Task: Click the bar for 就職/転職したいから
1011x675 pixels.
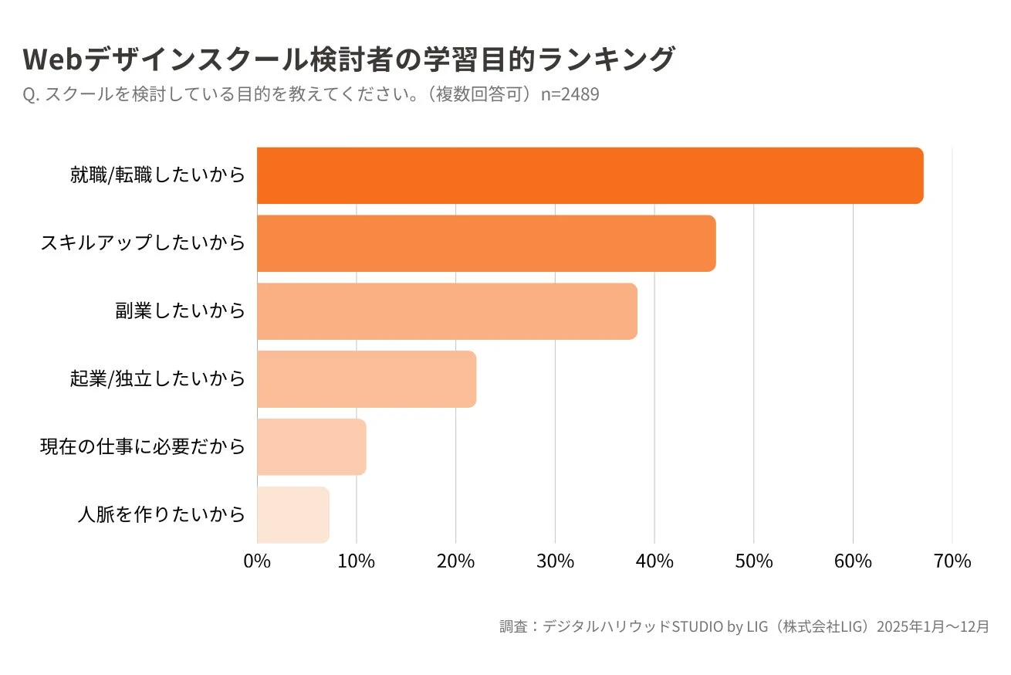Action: click(x=590, y=175)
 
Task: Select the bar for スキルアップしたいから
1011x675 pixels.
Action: click(x=486, y=243)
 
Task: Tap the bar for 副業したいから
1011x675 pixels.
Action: click(x=447, y=311)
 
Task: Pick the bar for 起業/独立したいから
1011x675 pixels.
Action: click(x=367, y=379)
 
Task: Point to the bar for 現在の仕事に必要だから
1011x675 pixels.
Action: click(x=311, y=447)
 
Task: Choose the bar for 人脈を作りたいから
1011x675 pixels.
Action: click(x=293, y=515)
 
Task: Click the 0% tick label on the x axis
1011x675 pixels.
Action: click(x=257, y=561)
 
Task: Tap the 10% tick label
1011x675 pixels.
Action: click(x=356, y=561)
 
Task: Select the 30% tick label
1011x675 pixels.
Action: click(x=555, y=561)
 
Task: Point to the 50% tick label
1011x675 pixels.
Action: click(x=753, y=561)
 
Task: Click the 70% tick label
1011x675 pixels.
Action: click(x=952, y=561)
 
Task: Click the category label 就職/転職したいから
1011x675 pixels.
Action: click(x=157, y=175)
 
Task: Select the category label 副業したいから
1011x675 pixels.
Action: click(x=180, y=311)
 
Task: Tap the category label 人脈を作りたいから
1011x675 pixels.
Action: click(x=161, y=515)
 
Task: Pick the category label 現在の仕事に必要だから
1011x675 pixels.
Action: click(x=143, y=447)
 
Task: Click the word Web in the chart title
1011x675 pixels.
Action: click(x=52, y=59)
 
